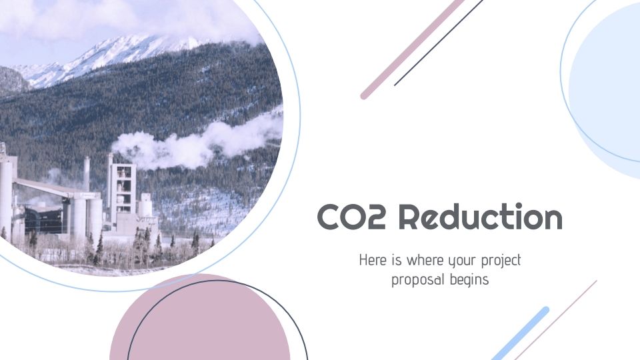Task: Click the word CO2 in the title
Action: (351, 218)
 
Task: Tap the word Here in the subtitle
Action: (373, 259)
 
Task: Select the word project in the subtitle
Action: (499, 260)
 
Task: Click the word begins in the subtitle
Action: (469, 280)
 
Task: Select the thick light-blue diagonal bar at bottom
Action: (521, 333)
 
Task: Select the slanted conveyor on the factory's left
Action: (43, 187)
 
